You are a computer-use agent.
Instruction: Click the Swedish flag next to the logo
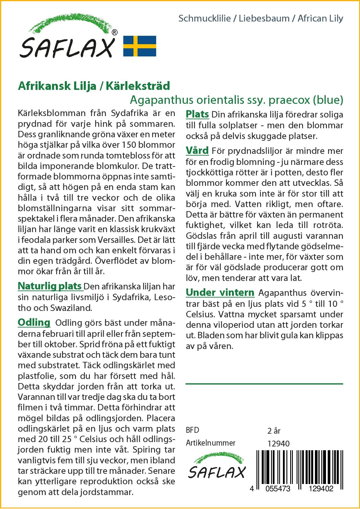click(x=140, y=46)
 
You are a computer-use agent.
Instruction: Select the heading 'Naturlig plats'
click(x=50, y=286)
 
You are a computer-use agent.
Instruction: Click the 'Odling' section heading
click(x=34, y=323)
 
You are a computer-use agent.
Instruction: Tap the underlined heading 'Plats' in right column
click(x=197, y=114)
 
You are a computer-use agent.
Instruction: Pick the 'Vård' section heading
click(x=197, y=151)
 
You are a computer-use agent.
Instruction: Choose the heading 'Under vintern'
click(x=220, y=293)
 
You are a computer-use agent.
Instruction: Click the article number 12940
click(x=278, y=443)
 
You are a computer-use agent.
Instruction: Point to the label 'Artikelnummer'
click(x=211, y=443)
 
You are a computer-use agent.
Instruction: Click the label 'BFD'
click(x=193, y=430)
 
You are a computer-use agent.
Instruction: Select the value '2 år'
click(x=274, y=430)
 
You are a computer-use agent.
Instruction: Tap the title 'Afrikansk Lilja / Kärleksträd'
click(x=94, y=86)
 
